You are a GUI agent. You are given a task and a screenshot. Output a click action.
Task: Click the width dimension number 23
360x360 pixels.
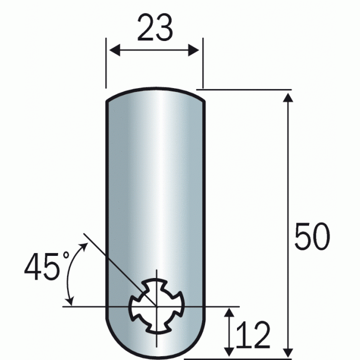click(x=155, y=29)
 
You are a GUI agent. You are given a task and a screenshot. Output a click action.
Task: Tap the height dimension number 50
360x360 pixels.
click(x=312, y=238)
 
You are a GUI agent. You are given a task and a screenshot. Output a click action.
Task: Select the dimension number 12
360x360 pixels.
click(x=253, y=335)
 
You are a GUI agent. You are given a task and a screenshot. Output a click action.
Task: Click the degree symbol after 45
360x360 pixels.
click(x=65, y=256)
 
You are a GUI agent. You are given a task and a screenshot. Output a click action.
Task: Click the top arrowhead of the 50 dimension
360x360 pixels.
click(x=287, y=97)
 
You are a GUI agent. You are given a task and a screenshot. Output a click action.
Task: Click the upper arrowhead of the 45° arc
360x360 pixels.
click(x=85, y=248)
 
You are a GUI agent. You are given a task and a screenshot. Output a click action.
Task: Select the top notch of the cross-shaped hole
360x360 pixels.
click(x=157, y=284)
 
